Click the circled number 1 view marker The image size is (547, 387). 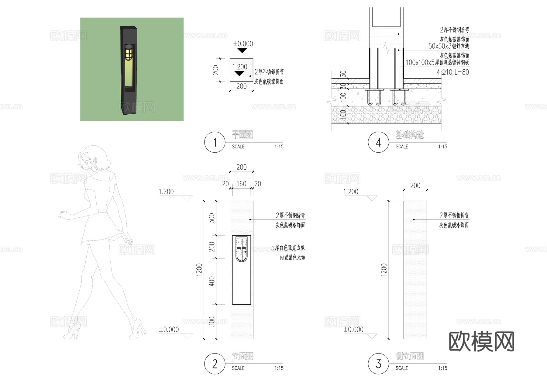click(x=215, y=142)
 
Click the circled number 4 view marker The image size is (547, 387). click(x=378, y=142)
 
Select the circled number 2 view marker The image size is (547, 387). click(x=215, y=364)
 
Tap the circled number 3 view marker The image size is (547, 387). click(x=378, y=364)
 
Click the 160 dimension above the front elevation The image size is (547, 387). click(x=241, y=184)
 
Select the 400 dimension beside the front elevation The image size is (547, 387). click(x=212, y=281)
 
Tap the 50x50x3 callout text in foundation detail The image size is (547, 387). click(x=449, y=46)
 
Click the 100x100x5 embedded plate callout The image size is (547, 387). click(x=437, y=63)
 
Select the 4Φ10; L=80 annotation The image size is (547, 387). click(x=453, y=72)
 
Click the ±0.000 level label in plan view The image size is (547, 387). click(x=243, y=44)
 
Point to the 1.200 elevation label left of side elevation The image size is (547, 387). click(x=351, y=192)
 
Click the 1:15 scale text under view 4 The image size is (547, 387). click(x=442, y=147)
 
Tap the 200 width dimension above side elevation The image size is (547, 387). click(x=415, y=185)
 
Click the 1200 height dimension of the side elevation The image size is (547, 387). click(x=384, y=270)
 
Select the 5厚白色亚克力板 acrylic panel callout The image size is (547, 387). click(x=288, y=248)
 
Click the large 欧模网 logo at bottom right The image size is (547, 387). click(x=481, y=342)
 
